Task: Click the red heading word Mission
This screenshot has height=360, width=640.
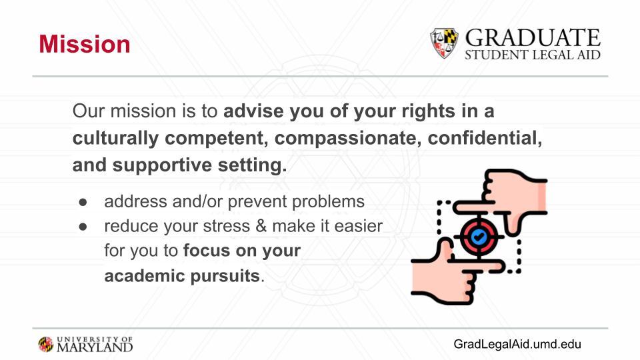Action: tap(85, 44)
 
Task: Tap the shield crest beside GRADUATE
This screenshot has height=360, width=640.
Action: tap(444, 43)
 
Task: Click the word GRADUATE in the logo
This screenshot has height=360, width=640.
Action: tap(533, 38)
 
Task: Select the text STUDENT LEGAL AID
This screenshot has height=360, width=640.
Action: tap(533, 55)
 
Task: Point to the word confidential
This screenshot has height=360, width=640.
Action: tap(485, 138)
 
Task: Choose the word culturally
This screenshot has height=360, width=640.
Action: tap(115, 139)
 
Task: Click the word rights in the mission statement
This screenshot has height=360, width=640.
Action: tap(428, 111)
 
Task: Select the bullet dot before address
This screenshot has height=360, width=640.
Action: tap(83, 202)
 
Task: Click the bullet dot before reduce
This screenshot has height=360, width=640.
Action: tap(83, 227)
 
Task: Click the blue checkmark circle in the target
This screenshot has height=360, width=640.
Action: tap(479, 236)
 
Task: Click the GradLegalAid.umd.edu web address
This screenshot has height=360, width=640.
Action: tap(517, 344)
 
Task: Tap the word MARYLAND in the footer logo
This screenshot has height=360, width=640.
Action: tap(95, 347)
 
